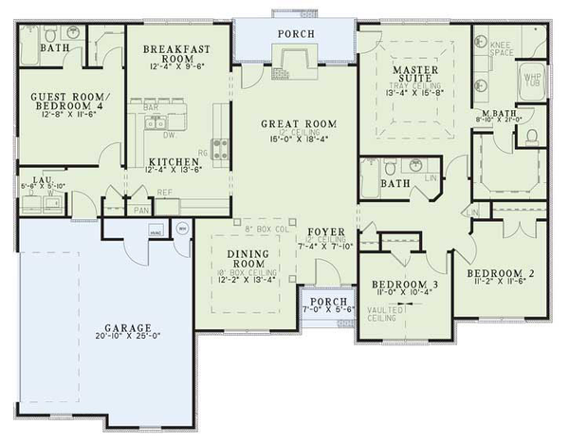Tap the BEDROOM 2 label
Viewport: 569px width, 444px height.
[501, 273]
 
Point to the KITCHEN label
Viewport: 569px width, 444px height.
[170, 161]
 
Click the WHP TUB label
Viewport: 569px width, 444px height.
[532, 81]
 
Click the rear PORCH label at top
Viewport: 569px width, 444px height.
[295, 35]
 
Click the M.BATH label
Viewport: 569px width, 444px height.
[499, 112]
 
